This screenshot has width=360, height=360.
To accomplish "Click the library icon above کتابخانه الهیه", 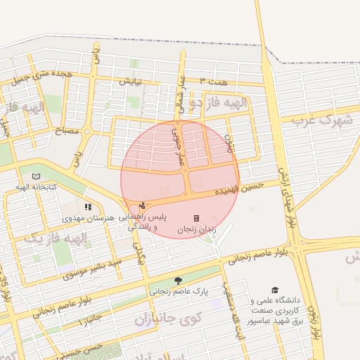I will click(x=36, y=176).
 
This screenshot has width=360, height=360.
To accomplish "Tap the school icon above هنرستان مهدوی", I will click(x=88, y=207).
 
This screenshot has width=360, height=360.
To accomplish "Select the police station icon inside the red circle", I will click(x=143, y=205).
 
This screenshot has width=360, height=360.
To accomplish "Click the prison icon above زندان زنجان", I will click(x=196, y=218).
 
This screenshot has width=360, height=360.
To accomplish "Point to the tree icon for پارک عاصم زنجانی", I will click(x=177, y=279).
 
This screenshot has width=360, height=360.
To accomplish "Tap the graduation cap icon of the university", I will click(x=275, y=290).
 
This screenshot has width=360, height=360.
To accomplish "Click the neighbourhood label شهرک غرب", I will click(x=321, y=120).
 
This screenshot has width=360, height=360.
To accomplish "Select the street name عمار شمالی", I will click(x=180, y=96).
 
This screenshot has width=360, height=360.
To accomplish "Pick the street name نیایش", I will click(x=130, y=81).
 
